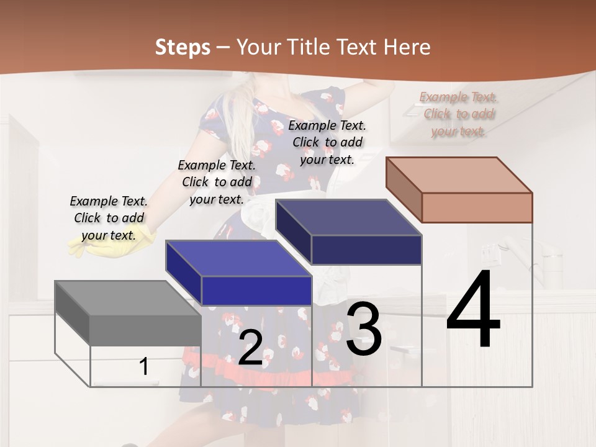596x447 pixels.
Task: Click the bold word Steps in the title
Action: point(183,47)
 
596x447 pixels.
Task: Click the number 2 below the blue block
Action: point(250,348)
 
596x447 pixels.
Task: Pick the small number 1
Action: point(144,366)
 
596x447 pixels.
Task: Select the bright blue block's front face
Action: point(256,291)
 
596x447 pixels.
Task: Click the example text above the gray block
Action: point(109,218)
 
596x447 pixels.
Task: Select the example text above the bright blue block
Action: point(217,182)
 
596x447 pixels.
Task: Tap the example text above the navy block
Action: point(327,142)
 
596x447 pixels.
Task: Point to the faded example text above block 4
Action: point(458,114)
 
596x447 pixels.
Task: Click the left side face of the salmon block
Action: point(404,189)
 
